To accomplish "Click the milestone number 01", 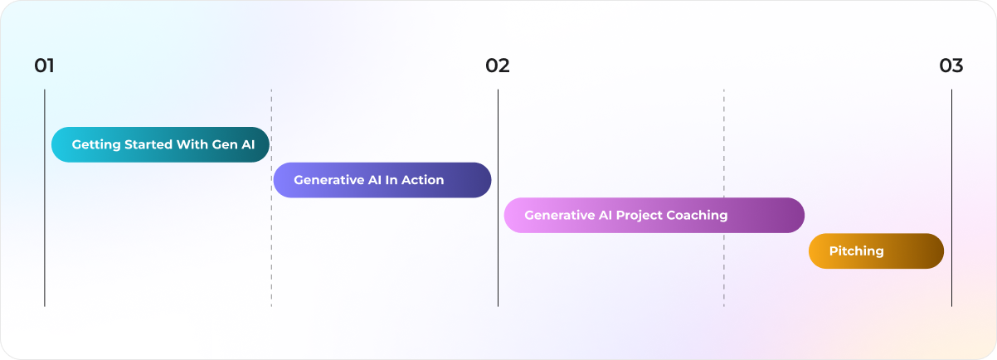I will [44, 66].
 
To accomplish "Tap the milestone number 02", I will [498, 66].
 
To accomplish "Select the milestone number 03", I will [951, 66].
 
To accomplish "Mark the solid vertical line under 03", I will [951, 166].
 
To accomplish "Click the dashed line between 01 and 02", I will [271, 249].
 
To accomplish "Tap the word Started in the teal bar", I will [148, 144].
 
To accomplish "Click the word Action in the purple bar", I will [423, 180].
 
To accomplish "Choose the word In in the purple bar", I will [392, 180].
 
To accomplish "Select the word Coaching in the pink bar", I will [698, 216].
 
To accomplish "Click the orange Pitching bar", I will [876, 251].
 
